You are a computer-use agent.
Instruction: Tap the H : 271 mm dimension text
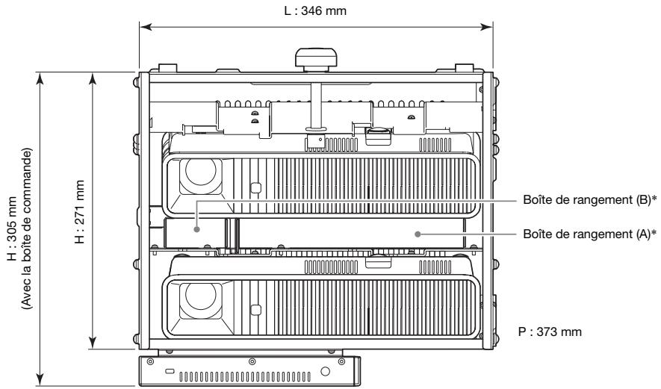(x=75, y=211)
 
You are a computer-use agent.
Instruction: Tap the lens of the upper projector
(x=197, y=175)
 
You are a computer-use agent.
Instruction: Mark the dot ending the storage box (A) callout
(x=418, y=233)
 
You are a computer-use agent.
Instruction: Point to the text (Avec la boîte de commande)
(x=28, y=228)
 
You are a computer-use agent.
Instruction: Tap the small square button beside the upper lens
(x=255, y=187)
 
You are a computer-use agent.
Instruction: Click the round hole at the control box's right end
(x=325, y=371)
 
